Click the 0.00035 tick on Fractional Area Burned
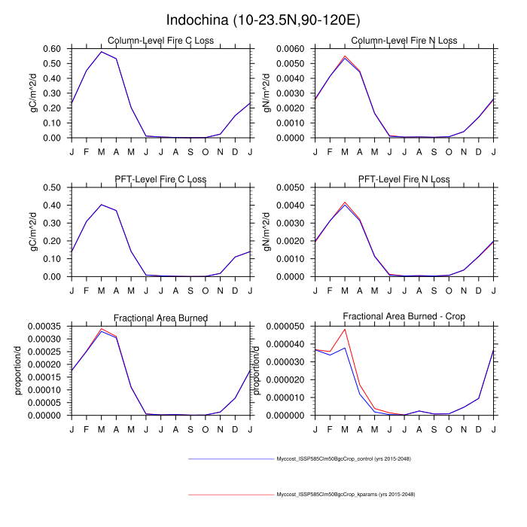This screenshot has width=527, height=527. point(48,326)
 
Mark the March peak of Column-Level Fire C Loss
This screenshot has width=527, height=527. point(101,52)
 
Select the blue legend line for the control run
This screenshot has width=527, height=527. point(230,458)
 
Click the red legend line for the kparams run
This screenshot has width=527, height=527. point(230,494)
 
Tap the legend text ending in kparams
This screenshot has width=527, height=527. point(346,494)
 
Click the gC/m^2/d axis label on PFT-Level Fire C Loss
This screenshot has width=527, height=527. point(33,231)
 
